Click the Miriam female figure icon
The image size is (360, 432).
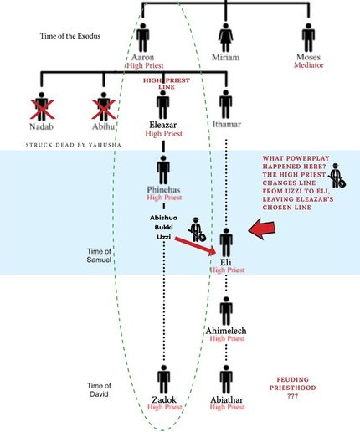point(225,38)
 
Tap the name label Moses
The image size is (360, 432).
point(308,57)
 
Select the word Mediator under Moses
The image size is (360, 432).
point(309,65)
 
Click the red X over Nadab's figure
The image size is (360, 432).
point(42,109)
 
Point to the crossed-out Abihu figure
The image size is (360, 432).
point(104,106)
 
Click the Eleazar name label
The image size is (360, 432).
point(162,125)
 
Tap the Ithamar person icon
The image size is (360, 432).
point(225,105)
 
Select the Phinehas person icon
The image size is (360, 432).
point(163,170)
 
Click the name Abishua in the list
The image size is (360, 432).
point(163,218)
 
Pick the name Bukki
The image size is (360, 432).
point(163,227)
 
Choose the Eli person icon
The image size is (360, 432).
point(226,243)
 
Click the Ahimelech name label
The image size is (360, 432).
point(226,331)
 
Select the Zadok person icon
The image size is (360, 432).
point(163,380)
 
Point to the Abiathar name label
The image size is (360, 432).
point(227,399)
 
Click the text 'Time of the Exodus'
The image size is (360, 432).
point(70,36)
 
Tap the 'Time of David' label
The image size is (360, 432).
point(99,390)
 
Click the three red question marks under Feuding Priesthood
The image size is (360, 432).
point(292,396)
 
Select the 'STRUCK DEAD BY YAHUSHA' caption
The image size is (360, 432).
point(74,145)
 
